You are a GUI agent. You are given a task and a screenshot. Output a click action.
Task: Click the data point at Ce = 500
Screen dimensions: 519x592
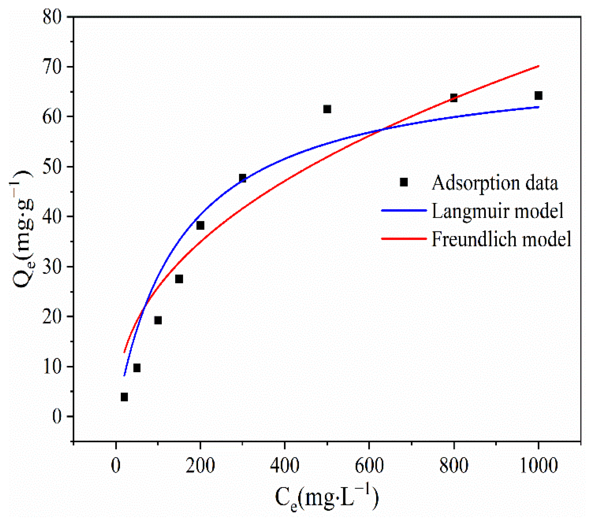tap(327, 109)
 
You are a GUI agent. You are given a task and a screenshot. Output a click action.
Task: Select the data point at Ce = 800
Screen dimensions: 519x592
tap(454, 98)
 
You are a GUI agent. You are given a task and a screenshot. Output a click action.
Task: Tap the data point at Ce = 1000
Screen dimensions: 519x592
tap(538, 95)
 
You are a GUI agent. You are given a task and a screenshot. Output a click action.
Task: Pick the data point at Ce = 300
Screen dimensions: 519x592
tap(243, 178)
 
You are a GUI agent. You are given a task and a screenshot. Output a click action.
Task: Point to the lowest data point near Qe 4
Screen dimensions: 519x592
tap(124, 397)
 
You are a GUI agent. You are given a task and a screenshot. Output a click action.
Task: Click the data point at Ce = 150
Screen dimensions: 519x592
tap(179, 279)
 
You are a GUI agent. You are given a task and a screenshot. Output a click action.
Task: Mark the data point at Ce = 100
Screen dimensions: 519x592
tap(158, 320)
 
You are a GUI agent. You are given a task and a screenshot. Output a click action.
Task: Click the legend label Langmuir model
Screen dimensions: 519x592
tap(497, 211)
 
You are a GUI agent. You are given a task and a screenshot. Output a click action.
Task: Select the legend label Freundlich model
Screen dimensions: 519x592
tap(501, 239)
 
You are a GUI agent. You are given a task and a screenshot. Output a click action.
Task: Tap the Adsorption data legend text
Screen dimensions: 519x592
tap(495, 183)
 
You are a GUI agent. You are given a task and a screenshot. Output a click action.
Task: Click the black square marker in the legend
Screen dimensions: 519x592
tap(404, 182)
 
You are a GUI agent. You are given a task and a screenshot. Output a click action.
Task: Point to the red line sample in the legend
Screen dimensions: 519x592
tap(404, 238)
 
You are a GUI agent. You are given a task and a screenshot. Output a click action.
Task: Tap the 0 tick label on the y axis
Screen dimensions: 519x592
tap(57, 416)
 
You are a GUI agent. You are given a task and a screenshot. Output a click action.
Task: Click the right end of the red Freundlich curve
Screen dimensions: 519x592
tap(538, 66)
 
